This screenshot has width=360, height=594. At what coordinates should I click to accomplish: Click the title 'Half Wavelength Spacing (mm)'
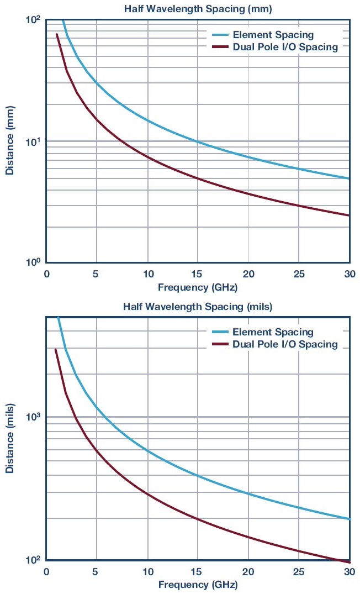tap(198, 8)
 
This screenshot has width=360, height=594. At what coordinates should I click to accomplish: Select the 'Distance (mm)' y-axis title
tap(10, 141)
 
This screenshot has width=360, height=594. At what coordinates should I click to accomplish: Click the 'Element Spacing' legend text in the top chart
tap(273, 35)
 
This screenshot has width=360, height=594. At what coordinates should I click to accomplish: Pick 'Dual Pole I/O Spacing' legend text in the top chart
tap(285, 47)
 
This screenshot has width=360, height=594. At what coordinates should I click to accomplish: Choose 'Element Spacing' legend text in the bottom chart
tap(273, 332)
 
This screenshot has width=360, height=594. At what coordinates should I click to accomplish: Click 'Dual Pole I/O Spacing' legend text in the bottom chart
tap(285, 344)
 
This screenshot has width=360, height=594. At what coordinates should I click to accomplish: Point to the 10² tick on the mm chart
tap(34, 20)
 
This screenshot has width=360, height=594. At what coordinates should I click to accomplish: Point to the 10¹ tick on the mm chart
tap(34, 141)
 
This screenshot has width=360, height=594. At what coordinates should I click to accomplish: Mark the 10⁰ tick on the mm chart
tap(34, 262)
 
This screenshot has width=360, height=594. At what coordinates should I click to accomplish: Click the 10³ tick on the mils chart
tap(34, 416)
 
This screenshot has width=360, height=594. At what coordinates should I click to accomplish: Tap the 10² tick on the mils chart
tap(34, 560)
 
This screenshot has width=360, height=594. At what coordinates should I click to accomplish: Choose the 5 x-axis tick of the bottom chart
tap(97, 571)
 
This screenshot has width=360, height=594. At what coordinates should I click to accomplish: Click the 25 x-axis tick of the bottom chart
tap(299, 571)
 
